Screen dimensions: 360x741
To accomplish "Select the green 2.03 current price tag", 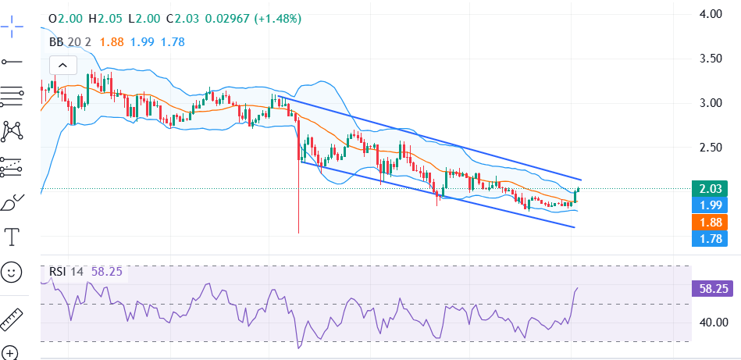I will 709,188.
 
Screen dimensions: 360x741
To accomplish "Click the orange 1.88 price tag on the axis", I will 709,222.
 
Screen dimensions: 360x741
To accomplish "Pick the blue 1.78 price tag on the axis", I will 709,238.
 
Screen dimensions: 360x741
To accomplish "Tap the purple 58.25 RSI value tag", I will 714,288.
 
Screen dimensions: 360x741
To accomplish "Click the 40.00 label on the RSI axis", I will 714,322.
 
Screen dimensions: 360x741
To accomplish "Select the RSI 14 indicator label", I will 67,272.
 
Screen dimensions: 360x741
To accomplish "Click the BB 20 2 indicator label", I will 71,42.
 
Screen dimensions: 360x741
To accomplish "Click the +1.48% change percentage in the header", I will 275,18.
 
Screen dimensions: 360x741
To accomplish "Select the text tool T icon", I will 12,236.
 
